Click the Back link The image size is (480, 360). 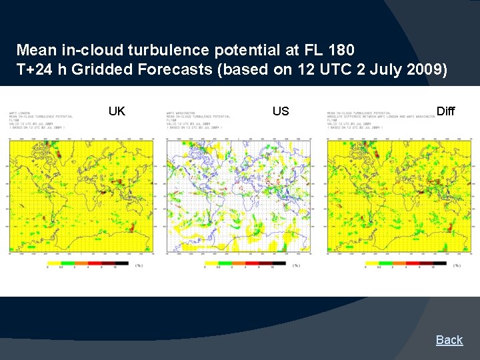[x=449, y=340]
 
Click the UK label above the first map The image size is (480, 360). [x=117, y=111]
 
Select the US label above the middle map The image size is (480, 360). [x=281, y=111]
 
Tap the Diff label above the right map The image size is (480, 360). [x=445, y=111]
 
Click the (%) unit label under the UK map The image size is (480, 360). [x=139, y=265]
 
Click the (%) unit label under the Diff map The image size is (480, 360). [x=457, y=265]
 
